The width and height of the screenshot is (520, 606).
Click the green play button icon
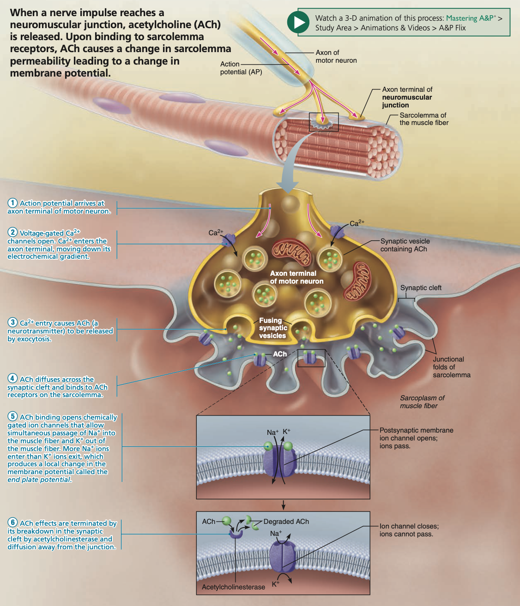tap(298, 22)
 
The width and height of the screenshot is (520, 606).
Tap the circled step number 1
tap(12, 203)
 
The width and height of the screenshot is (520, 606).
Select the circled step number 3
tap(12, 322)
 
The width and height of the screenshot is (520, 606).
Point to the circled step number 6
tap(12, 523)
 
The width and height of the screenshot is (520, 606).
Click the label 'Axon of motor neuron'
tap(336, 56)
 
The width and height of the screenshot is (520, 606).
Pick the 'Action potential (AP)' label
tap(241, 68)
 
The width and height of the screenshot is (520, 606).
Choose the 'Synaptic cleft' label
tap(421, 288)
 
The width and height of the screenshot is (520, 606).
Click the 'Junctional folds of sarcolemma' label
tap(451, 367)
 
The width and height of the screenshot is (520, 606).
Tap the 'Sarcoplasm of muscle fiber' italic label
tap(422, 402)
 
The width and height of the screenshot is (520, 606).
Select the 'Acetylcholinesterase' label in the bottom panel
tap(233, 587)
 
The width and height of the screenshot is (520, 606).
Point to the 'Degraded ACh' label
tap(286, 522)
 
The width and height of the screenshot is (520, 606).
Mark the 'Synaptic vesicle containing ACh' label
tap(405, 245)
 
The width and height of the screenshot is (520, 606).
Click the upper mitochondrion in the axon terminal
tap(291, 252)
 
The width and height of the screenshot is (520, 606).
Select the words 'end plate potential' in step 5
tap(39, 480)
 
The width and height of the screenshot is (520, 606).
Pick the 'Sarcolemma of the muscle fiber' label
tap(423, 119)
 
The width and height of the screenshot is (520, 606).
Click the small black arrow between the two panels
tap(284, 505)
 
